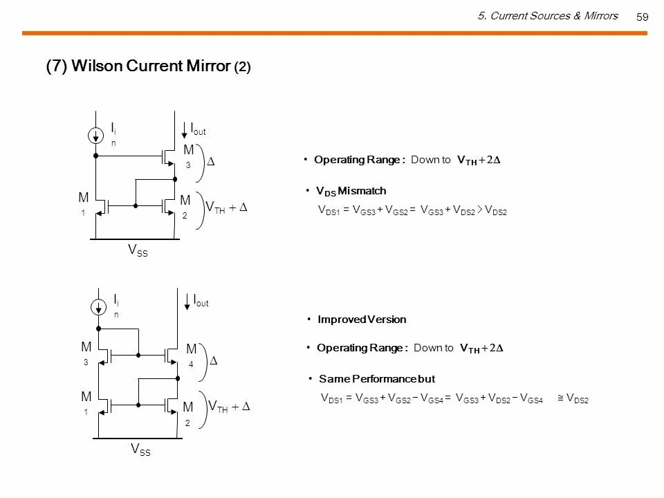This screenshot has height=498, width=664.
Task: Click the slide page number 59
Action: [x=642, y=17]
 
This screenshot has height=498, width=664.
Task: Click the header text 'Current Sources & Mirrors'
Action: [x=553, y=16]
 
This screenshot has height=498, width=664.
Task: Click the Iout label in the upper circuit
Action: [x=198, y=129]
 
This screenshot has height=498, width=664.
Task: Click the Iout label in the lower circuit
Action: [x=201, y=301]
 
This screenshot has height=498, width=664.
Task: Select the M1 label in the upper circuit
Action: [x=83, y=203]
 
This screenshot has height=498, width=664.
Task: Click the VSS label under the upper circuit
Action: [x=138, y=252]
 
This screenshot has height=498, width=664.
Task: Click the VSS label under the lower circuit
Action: [x=141, y=450]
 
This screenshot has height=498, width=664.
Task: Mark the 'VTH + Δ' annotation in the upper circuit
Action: [x=227, y=208]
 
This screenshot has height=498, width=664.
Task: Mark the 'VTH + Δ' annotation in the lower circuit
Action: [x=229, y=407]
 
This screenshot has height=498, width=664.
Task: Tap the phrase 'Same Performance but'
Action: [x=376, y=379]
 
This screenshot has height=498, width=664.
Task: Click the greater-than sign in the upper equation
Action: [x=481, y=210]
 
